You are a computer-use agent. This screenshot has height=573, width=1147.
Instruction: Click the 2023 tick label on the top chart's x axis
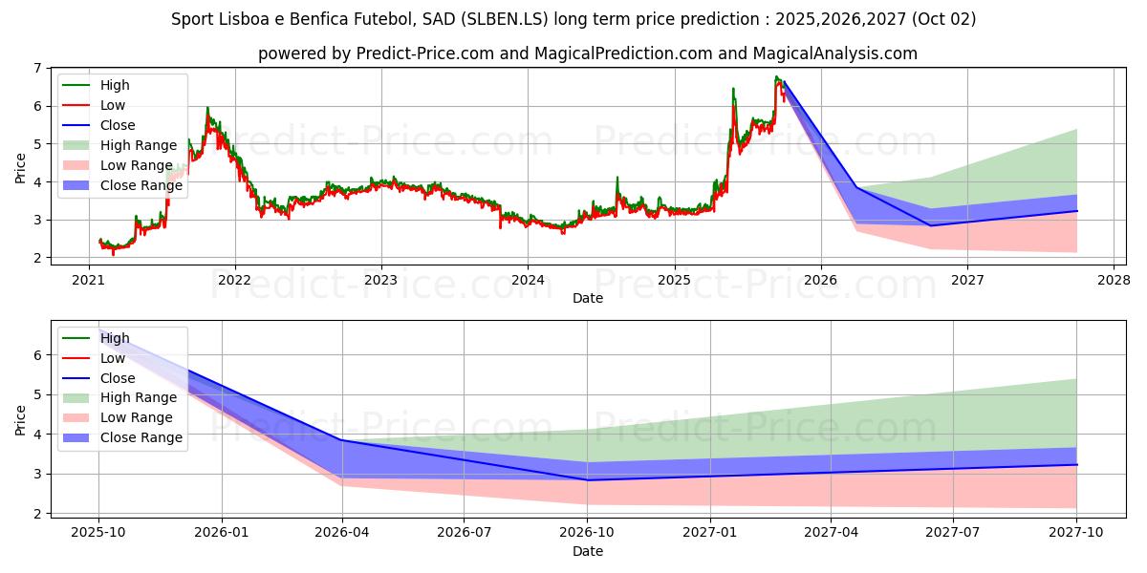pyautogui.click(x=380, y=280)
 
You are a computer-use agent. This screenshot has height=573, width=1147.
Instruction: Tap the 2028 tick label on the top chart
pyautogui.click(x=1114, y=280)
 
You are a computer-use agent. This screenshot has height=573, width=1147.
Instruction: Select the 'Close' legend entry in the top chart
pyautogui.click(x=118, y=125)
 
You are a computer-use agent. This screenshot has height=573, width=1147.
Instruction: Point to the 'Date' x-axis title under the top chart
pyautogui.click(x=588, y=298)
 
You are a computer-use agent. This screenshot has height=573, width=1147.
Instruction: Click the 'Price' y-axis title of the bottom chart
pyautogui.click(x=20, y=419)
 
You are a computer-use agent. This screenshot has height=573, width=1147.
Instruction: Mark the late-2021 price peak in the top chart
pyautogui.click(x=207, y=108)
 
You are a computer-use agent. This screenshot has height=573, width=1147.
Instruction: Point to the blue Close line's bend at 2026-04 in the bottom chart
pyautogui.click(x=342, y=440)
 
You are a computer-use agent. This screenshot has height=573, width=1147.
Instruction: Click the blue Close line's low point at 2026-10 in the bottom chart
pyautogui.click(x=587, y=479)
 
